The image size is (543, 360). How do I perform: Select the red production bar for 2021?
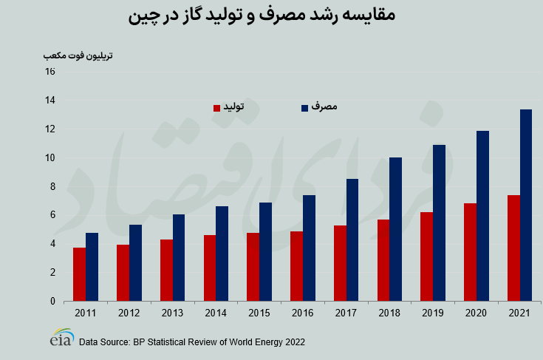513,248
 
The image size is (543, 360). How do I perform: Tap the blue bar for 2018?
395,229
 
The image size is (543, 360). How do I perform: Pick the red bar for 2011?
79,274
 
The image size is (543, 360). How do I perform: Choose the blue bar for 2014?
222,254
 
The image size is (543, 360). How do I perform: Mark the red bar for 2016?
296,266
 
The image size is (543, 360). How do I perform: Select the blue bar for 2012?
135,262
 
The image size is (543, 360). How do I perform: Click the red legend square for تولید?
217,108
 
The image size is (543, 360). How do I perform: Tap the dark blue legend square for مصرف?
304,108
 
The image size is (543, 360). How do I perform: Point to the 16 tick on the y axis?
50,72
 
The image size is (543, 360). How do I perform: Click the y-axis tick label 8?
52,186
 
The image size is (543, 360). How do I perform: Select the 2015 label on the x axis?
259,313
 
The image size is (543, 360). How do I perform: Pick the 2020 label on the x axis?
477,313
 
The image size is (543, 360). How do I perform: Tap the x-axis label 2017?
346,313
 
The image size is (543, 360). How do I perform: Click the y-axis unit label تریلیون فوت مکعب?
78,55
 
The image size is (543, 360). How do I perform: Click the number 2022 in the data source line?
293,342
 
